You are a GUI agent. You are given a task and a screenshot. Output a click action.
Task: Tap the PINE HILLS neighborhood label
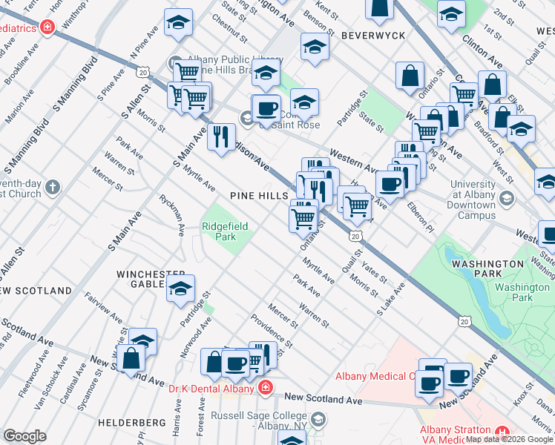tap(259, 195)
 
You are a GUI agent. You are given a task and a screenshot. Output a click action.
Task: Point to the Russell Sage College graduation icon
tap(318, 421)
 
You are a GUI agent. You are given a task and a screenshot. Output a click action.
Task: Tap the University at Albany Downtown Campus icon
tap(507, 198)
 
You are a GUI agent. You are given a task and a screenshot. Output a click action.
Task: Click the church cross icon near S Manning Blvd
tap(52, 187)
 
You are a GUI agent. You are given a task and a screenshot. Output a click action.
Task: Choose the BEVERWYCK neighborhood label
tap(372, 35)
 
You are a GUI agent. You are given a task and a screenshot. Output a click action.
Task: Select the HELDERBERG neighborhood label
tap(141, 422)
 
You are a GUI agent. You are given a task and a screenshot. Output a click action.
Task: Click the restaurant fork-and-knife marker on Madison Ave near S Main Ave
tap(221, 136)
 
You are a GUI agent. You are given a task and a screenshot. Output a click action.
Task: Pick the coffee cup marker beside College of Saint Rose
tap(266, 109)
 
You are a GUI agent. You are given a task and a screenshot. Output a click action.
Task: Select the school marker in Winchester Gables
tap(180, 289)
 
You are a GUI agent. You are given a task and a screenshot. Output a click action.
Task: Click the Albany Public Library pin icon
tap(174, 63)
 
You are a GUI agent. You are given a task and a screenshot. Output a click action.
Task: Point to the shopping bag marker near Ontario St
tap(410, 76)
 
